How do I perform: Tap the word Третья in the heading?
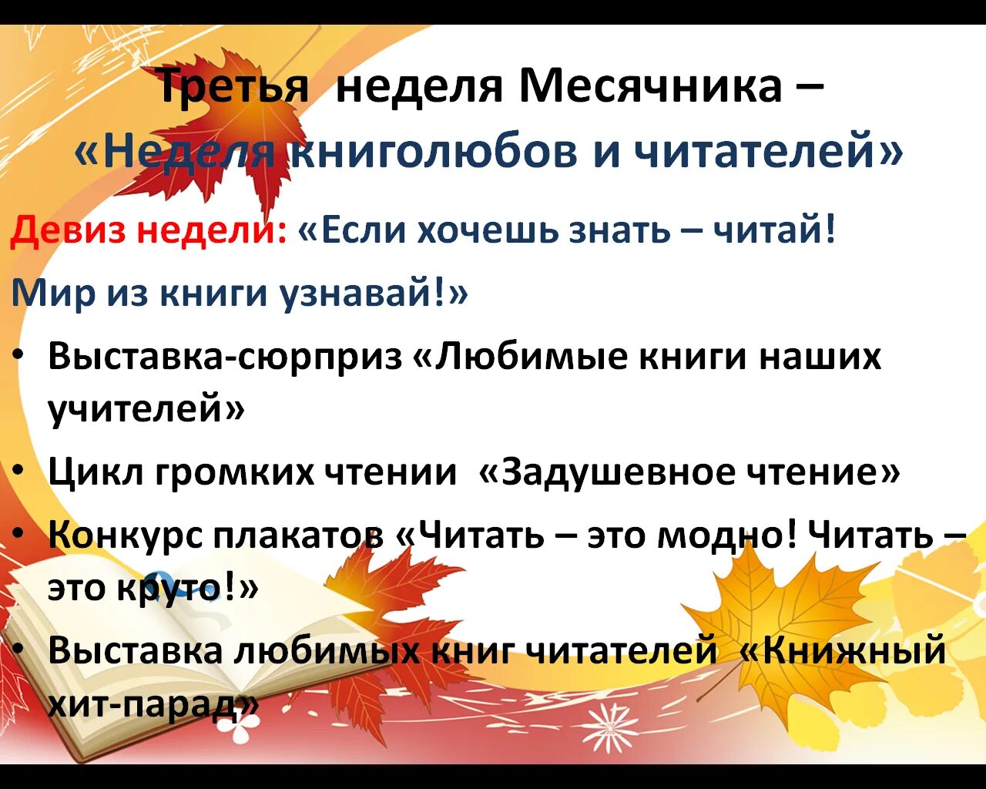point(232,86)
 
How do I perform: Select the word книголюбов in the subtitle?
point(433,151)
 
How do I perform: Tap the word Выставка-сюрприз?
point(225,357)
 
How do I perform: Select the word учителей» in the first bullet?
point(146,408)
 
